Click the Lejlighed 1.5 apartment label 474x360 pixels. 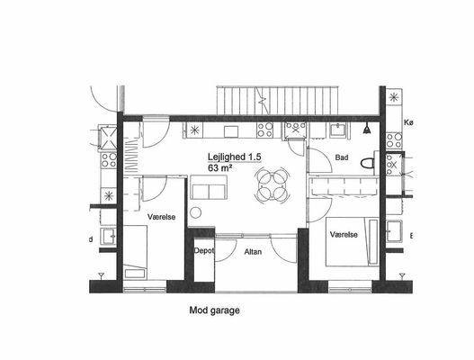(x=234, y=157)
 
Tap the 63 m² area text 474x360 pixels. (x=219, y=168)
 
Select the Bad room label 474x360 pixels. (x=342, y=157)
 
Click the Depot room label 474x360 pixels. (x=204, y=251)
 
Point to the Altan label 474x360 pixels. (x=253, y=252)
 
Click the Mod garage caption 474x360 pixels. (x=214, y=310)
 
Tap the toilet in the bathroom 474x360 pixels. (x=368, y=164)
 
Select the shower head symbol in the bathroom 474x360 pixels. (x=367, y=129)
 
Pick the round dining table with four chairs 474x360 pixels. (x=273, y=184)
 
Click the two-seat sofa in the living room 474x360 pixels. (x=209, y=187)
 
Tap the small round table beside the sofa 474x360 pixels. (x=195, y=212)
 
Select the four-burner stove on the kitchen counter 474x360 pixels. (x=264, y=130)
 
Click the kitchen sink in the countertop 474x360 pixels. (x=231, y=131)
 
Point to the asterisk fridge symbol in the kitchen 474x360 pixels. (x=194, y=130)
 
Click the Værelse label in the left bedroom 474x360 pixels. (x=161, y=217)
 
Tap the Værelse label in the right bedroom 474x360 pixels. (x=344, y=235)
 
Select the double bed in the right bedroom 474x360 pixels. (x=353, y=242)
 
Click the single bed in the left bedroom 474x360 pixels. (x=136, y=251)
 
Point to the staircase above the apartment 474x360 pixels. (x=278, y=101)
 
